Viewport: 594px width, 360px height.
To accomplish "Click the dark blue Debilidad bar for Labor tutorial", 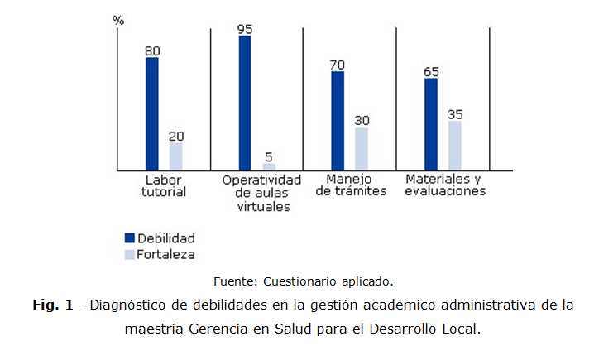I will click(151, 113).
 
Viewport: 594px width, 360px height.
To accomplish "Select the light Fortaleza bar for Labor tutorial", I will click(175, 156).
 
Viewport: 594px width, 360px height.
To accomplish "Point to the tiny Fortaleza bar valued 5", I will click(269, 166).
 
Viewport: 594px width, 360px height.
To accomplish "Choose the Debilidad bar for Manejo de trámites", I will click(338, 120).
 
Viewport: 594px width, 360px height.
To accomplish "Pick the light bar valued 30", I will click(362, 148).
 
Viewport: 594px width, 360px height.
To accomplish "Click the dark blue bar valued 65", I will click(431, 123).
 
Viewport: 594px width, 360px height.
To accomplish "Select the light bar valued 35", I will click(455, 145).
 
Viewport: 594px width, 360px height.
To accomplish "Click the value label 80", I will click(152, 50).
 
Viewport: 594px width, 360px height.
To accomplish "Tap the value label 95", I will click(245, 28).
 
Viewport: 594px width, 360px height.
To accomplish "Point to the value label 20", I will click(176, 136).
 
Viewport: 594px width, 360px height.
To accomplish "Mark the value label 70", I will click(338, 64).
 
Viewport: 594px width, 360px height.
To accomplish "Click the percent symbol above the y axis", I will click(118, 20).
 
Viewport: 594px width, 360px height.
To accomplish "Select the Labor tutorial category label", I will click(163, 185).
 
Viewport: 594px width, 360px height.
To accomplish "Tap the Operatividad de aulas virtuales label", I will click(262, 193).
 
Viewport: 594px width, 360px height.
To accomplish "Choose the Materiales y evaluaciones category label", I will click(445, 185).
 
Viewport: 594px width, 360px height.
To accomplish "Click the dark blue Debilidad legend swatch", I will click(129, 238).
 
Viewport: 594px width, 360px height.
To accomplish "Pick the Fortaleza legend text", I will click(166, 254).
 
